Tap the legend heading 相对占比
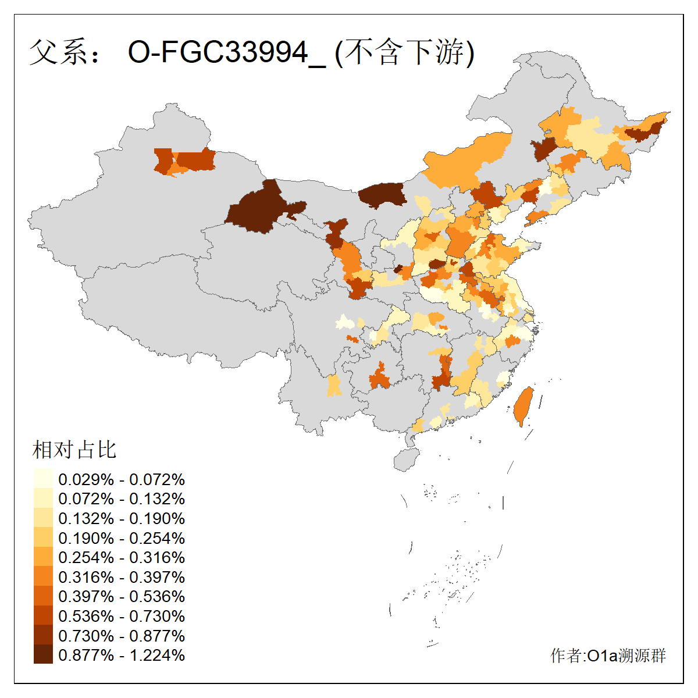pyautogui.click(x=74, y=450)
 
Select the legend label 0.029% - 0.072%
pyautogui.click(x=122, y=480)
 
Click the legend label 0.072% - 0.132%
pyautogui.click(x=122, y=499)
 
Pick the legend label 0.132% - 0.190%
pyautogui.click(x=122, y=519)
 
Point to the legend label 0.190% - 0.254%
pyautogui.click(x=122, y=538)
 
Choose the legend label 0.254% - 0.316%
pyautogui.click(x=122, y=558)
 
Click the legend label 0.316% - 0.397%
pyautogui.click(x=122, y=578)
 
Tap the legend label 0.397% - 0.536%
pyautogui.click(x=122, y=597)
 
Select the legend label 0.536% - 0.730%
pyautogui.click(x=122, y=617)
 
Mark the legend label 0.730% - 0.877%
pyautogui.click(x=122, y=636)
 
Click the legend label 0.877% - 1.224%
pyautogui.click(x=122, y=656)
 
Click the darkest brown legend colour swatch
pyautogui.click(x=43, y=654)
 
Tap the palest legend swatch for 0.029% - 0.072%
pyautogui.click(x=43, y=479)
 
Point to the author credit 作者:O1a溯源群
pyautogui.click(x=608, y=656)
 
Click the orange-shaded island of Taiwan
pyautogui.click(x=523, y=405)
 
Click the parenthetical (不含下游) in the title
pyautogui.click(x=405, y=53)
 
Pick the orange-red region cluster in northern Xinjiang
pyautogui.click(x=186, y=161)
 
